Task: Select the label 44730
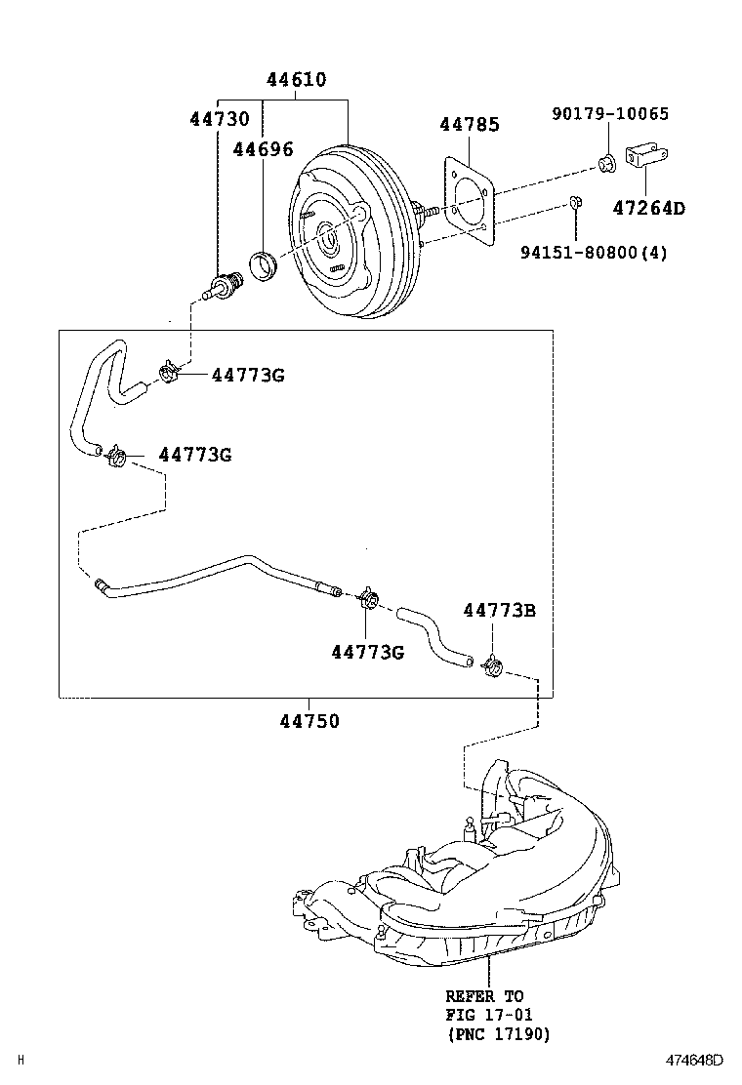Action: tap(219, 119)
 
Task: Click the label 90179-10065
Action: tap(610, 114)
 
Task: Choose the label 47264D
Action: tap(649, 208)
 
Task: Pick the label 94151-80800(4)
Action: tap(594, 253)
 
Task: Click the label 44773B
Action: tap(499, 611)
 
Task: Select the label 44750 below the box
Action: tap(309, 722)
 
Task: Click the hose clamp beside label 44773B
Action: tap(493, 667)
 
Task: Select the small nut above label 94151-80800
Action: tap(576, 204)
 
